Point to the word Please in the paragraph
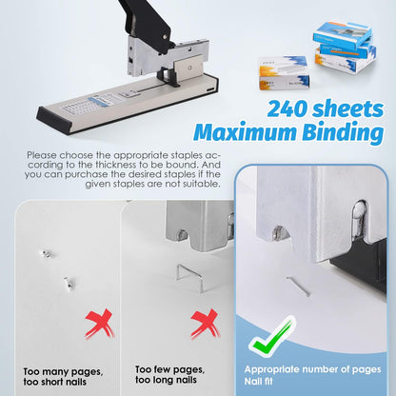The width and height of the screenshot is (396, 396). point(43,153)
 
